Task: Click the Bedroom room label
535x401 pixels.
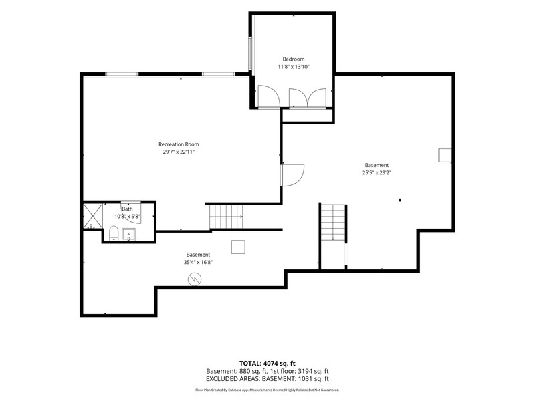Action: (294, 59)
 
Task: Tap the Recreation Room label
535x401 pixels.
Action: (179, 144)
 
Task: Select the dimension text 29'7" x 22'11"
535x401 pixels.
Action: (179, 152)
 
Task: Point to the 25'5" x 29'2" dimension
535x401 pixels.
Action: (377, 173)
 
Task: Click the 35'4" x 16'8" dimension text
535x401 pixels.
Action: (198, 262)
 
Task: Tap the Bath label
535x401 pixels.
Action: (127, 209)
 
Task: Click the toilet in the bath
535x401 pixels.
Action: (113, 233)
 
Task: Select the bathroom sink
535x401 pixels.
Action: (128, 235)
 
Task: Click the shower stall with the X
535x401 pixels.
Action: (93, 216)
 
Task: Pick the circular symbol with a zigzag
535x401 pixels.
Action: (195, 279)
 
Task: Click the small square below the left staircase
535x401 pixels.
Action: (238, 247)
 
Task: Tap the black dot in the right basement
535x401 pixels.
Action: (400, 200)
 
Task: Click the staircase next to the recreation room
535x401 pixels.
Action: (226, 216)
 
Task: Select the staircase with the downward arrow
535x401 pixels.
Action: (333, 223)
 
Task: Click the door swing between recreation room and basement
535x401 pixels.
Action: (293, 175)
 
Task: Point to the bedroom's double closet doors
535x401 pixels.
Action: (308, 98)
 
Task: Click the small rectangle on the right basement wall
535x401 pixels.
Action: (445, 155)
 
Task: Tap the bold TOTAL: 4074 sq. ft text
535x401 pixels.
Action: (267, 363)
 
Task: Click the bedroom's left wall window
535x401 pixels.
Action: (250, 53)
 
